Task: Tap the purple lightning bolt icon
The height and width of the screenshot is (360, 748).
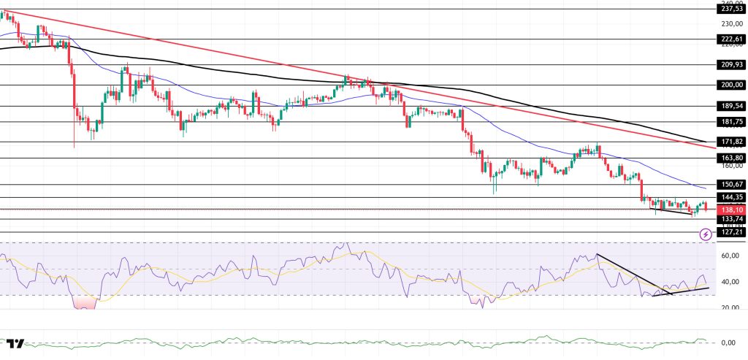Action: click(x=705, y=234)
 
